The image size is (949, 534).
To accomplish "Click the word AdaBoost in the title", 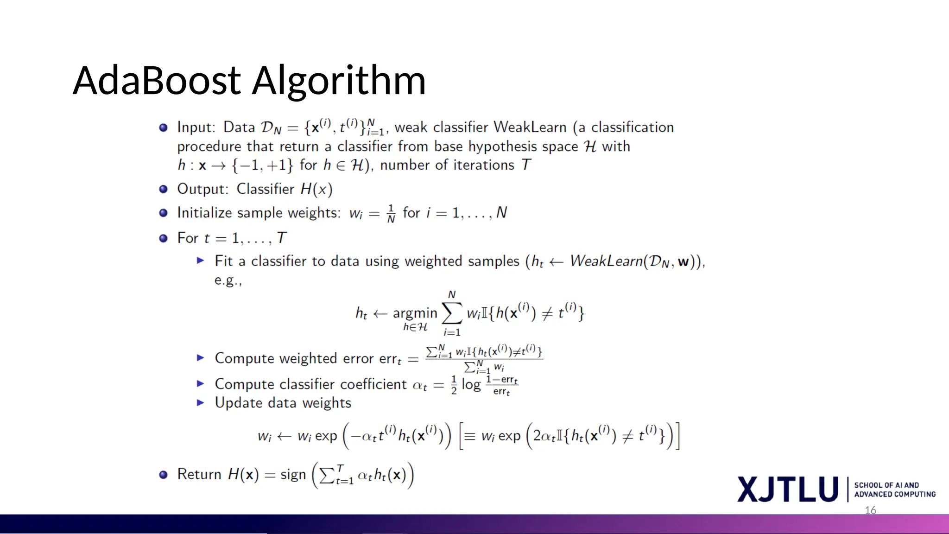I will [x=157, y=81].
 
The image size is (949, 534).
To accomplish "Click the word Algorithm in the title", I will [x=339, y=82].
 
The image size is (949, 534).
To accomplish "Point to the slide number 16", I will [x=870, y=510].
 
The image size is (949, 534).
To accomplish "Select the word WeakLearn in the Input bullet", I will [x=530, y=127].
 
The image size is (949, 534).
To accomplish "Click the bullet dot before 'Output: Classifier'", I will [x=163, y=189].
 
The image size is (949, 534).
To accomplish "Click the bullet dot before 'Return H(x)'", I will [x=163, y=475].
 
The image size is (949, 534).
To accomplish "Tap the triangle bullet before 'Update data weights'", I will [x=200, y=402].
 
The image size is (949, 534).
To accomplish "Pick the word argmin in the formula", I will [x=415, y=313].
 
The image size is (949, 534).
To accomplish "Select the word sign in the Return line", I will [x=293, y=475].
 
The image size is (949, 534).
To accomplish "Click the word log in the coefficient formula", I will [x=471, y=385].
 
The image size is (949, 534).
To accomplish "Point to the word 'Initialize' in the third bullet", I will [x=204, y=213].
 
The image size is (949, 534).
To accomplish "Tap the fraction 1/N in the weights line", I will [x=391, y=213].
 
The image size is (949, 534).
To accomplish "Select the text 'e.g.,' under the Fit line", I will [x=228, y=280].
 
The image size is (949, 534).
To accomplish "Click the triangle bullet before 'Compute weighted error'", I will [x=200, y=358].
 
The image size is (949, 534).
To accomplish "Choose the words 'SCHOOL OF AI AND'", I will [x=886, y=485].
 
